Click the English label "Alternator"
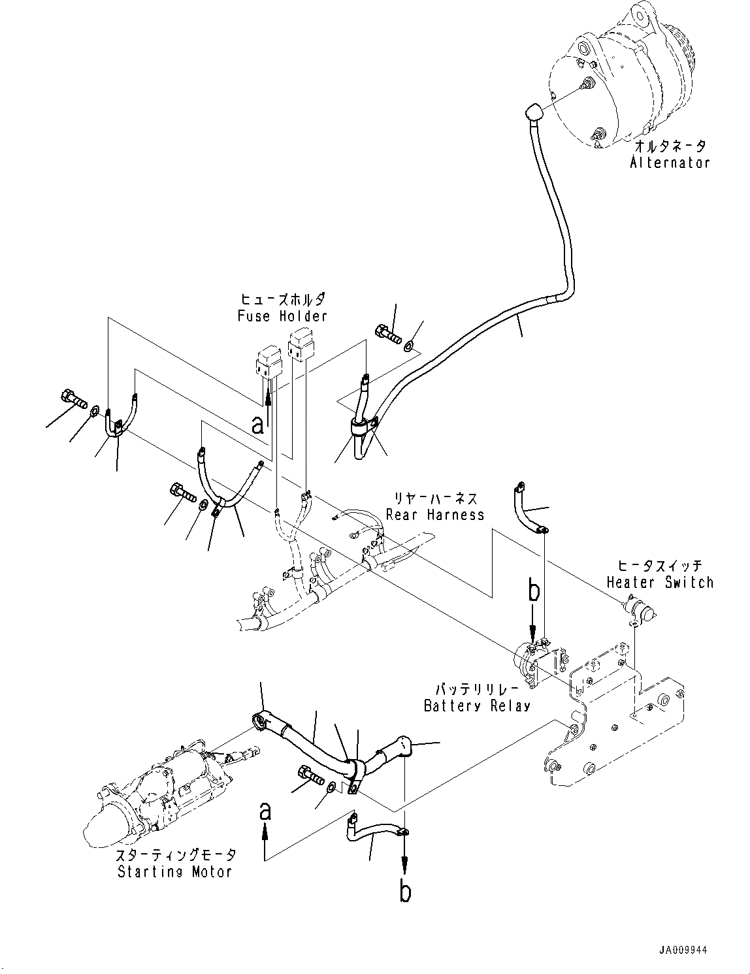click(670, 162)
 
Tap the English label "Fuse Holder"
click(282, 316)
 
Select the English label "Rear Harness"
click(435, 515)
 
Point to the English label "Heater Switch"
click(660, 582)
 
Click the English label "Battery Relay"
click(477, 706)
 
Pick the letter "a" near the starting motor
click(265, 811)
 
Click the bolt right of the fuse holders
click(388, 336)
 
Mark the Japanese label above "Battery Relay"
click(476, 689)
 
